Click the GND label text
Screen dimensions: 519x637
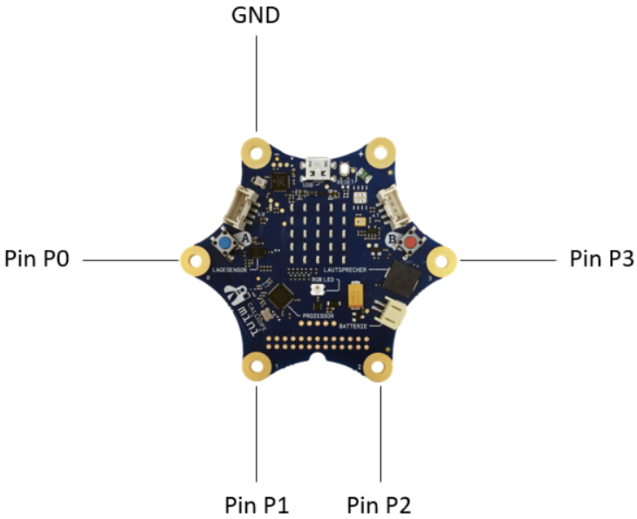tap(256, 16)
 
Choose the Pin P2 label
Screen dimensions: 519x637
tap(379, 504)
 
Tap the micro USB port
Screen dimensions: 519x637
tap(318, 165)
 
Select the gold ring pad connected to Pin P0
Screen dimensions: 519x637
tap(194, 259)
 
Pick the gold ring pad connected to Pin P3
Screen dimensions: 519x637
tap(442, 259)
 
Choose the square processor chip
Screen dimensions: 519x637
tap(281, 297)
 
